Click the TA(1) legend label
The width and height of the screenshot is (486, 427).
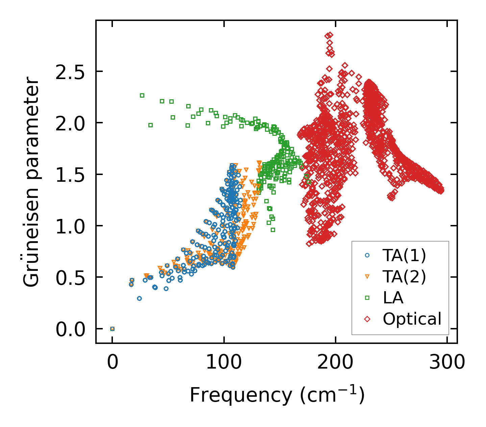pos(404,256)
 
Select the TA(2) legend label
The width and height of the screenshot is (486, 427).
pos(404,277)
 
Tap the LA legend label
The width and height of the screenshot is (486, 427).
pos(393,298)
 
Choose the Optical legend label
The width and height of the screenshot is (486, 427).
pos(412,319)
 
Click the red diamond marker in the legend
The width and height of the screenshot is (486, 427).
pos(367,319)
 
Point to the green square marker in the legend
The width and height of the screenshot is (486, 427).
pos(367,298)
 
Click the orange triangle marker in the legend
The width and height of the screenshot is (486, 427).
pos(367,277)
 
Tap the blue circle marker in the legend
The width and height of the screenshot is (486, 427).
pos(367,256)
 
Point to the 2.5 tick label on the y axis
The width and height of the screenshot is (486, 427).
pos(70,72)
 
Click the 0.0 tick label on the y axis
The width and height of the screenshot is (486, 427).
pos(70,329)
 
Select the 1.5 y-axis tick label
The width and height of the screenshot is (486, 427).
pos(70,175)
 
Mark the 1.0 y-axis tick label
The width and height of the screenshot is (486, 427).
pos(70,226)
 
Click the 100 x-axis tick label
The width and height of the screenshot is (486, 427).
pos(224,363)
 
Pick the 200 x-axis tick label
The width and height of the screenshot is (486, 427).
pos(335,363)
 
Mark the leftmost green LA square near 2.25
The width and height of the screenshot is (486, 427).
pos(142,95)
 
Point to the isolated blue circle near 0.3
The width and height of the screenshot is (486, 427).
pos(139,298)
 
